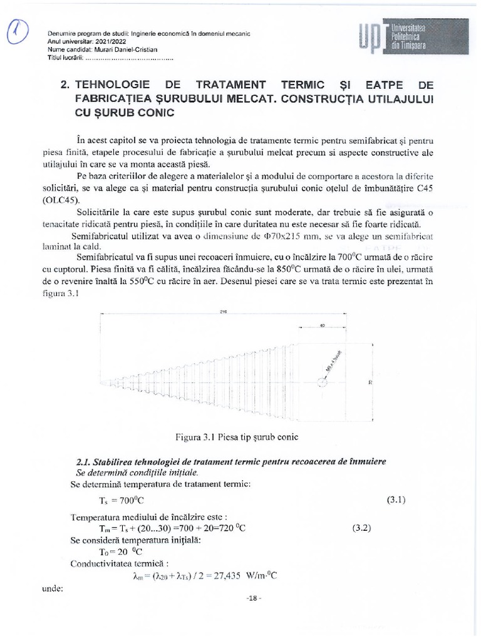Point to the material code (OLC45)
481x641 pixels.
(x=90, y=202)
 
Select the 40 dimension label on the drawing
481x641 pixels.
(x=322, y=326)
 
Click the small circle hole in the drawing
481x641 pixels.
(x=323, y=384)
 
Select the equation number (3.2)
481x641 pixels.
(x=362, y=528)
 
